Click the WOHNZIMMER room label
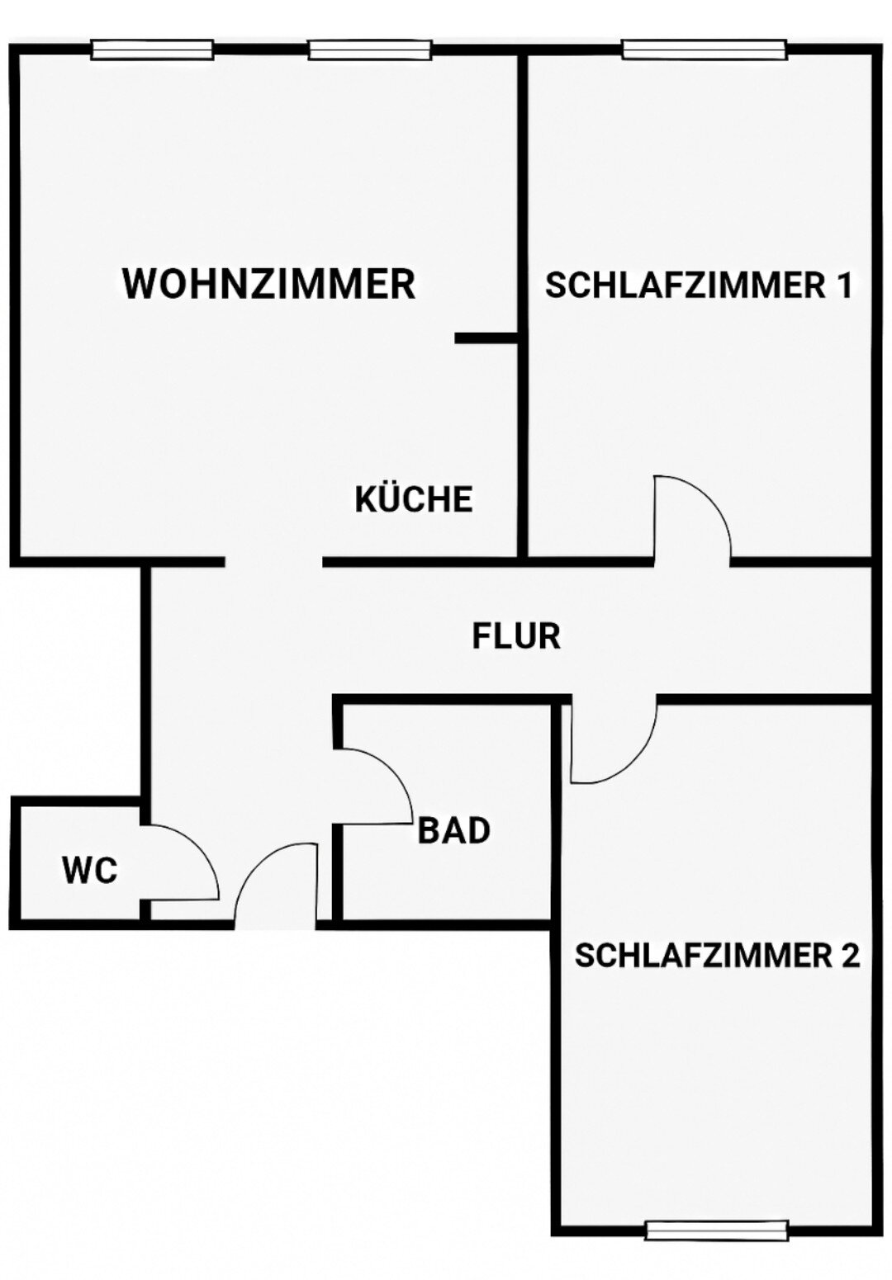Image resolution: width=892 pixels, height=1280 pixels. coord(268,284)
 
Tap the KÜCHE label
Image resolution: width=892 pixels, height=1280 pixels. coord(414,499)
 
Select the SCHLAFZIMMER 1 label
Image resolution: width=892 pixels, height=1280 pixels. coord(698,286)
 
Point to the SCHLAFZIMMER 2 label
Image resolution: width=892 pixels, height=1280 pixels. coord(717,956)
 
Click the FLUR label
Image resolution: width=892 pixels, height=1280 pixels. coord(516,636)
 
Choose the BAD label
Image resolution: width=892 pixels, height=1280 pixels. coord(454,830)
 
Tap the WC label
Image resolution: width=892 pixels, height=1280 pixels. coord(90,871)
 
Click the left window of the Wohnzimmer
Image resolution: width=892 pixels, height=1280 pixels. coord(152,50)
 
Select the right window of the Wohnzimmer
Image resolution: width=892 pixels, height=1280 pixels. coord(370,50)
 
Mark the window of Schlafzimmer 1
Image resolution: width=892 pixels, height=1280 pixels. coord(704,50)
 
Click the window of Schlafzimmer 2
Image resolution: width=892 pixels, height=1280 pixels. coord(716,1230)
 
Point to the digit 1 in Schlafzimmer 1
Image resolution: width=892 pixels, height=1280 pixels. coord(842,286)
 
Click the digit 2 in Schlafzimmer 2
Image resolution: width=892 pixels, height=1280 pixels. coord(850,956)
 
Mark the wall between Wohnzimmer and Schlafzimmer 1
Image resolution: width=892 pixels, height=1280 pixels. coord(523,206)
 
